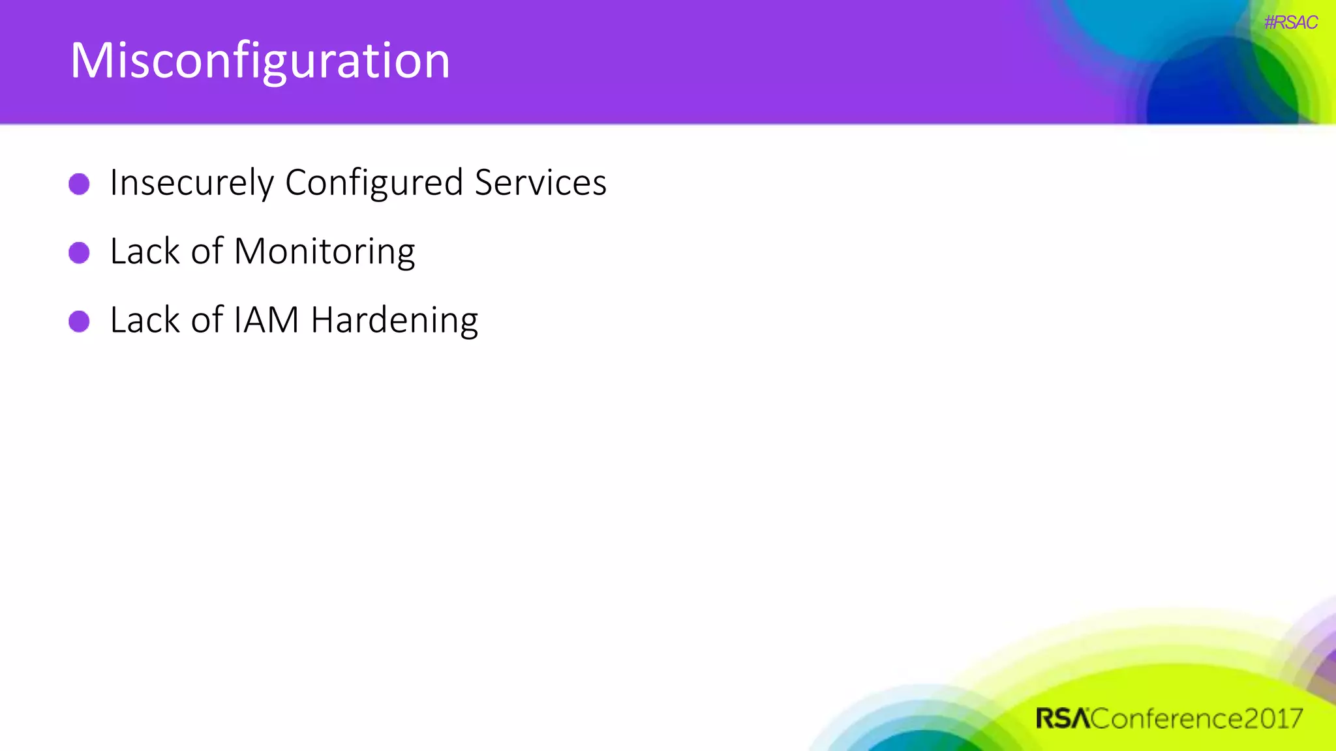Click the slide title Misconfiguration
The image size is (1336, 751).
260,61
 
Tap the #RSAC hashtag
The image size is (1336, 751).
1290,23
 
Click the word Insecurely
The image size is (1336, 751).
192,183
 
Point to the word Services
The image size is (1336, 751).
540,183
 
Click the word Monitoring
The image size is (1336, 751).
324,252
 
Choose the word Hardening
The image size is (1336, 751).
394,320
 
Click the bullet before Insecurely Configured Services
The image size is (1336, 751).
79,184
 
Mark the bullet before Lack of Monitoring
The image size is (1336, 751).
79,252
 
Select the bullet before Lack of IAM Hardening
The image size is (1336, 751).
79,321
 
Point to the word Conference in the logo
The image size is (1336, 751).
1166,718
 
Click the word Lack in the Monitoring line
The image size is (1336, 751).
144,252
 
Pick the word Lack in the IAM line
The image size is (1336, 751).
144,320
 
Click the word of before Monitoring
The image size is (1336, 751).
207,252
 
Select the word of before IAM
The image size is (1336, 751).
207,320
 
